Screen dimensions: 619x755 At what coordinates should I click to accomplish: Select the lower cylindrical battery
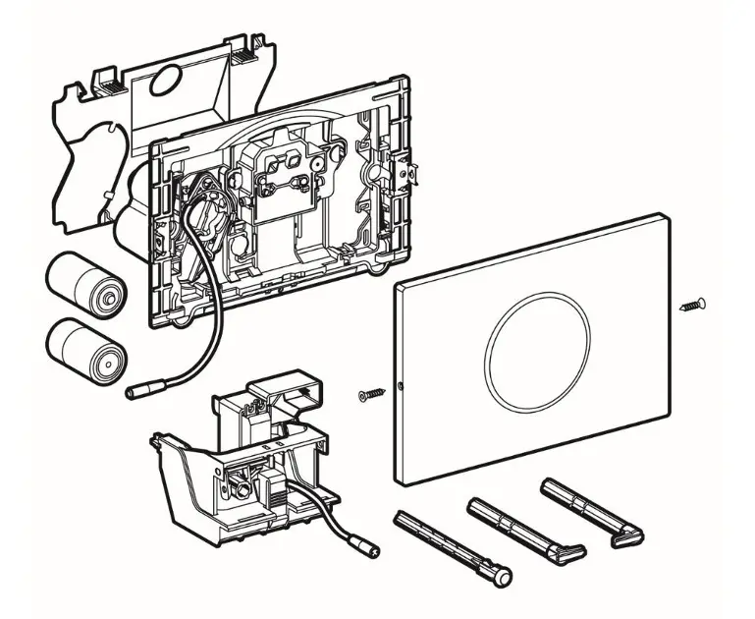click(x=82, y=347)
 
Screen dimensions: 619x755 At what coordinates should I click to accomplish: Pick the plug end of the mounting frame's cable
click(x=135, y=392)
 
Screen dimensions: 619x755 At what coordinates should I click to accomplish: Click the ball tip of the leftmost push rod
click(x=503, y=578)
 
